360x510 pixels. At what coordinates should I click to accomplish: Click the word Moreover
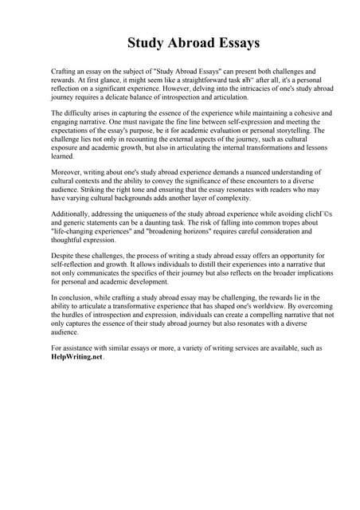[68, 172]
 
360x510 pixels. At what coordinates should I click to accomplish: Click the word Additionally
[73, 214]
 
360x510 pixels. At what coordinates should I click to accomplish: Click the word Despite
[64, 257]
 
